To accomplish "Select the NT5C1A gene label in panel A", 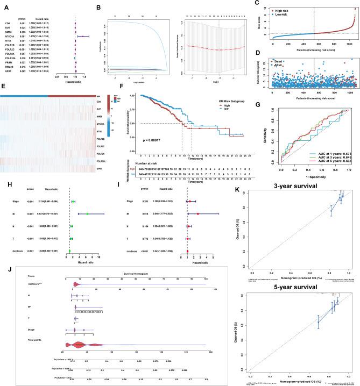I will [x=10, y=35].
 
